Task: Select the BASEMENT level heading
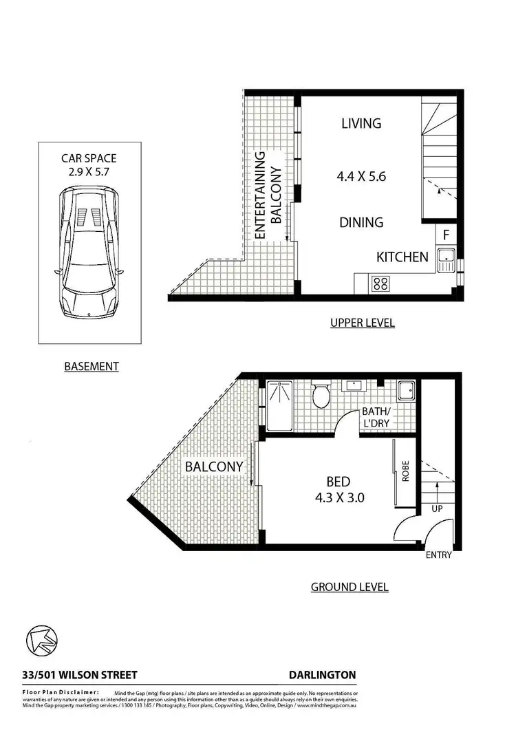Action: tap(92, 367)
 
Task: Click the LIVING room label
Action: tap(361, 124)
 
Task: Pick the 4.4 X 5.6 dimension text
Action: tap(361, 176)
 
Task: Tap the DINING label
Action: tap(361, 222)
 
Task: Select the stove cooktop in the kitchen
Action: tap(379, 283)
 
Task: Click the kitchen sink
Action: tap(446, 260)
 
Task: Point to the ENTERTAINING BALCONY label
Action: tap(268, 195)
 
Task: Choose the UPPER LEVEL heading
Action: tap(362, 323)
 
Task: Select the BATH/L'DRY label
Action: tap(377, 417)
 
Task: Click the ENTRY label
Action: tap(439, 555)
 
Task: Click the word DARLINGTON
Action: tap(323, 676)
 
